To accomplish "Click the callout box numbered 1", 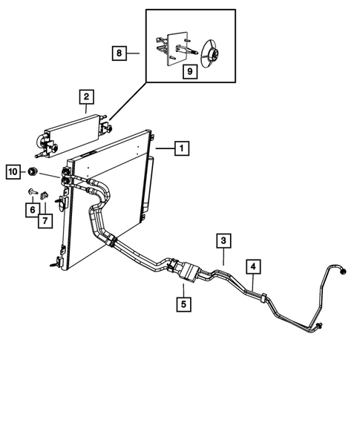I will (x=180, y=148).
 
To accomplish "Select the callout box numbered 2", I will (x=87, y=96).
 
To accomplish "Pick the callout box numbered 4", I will (x=253, y=266).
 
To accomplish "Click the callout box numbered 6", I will (x=32, y=210).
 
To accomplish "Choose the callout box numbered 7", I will (x=46, y=220).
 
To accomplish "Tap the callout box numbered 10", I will (x=13, y=172).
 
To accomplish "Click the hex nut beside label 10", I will (x=34, y=172).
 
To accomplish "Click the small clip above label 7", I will (x=45, y=197).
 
